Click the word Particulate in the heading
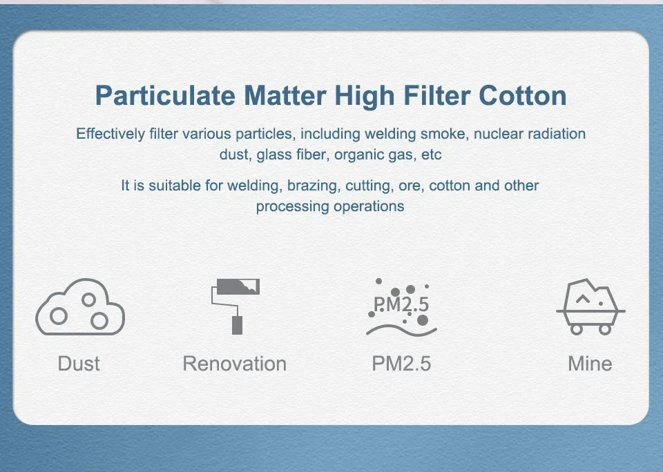165,96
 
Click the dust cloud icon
80,307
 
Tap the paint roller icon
236,306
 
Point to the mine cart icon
590,307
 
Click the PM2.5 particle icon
401,307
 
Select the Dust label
79,364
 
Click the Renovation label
235,364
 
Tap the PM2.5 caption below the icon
401,364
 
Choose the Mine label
590,364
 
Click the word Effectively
110,134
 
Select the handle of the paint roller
237,326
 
